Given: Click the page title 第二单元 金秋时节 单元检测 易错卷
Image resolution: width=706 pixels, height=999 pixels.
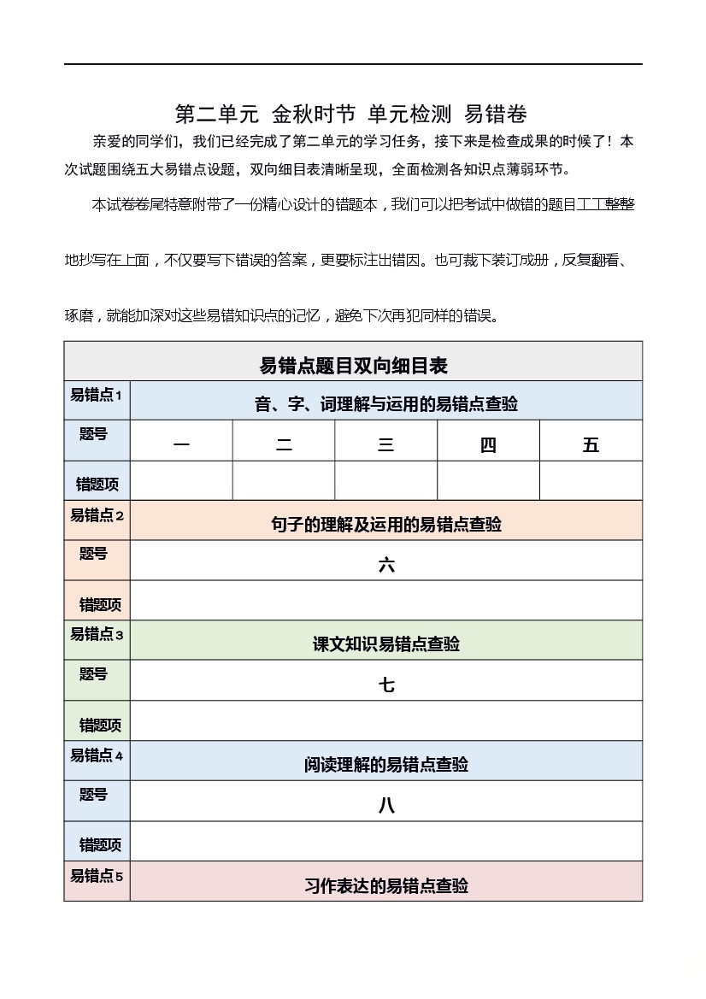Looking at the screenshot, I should coord(351,114).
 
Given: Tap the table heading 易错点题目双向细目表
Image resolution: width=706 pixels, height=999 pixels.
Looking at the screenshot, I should coord(353,366).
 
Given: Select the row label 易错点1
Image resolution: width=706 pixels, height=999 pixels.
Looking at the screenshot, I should coord(97,395).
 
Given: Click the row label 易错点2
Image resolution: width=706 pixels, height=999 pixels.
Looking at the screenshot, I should coord(97,515).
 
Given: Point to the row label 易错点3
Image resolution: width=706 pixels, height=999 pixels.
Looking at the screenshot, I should coord(97,634).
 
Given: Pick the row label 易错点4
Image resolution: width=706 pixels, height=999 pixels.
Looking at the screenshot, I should coord(97,755).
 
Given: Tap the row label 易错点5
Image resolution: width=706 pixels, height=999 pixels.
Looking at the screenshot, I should coord(97,876).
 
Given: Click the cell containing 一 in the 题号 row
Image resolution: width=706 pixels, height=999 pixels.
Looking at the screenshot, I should coord(181,444).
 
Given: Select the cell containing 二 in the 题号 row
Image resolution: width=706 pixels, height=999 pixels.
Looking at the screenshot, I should coord(284,444).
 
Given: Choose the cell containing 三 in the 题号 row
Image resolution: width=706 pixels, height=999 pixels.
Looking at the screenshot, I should coord(385,444).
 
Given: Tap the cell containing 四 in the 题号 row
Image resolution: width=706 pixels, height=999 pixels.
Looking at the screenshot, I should coord(488,444).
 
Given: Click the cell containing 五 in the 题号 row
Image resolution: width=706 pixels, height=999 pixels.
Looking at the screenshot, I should coord(591,444).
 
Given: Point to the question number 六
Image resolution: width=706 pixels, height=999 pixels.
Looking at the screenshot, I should coord(386,564).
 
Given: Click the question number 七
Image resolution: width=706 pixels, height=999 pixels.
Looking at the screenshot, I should coord(386,685).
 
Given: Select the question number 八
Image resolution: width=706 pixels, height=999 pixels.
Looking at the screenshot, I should coord(386,805).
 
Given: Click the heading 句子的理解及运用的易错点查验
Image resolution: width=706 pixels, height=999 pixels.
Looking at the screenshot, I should coord(386,525).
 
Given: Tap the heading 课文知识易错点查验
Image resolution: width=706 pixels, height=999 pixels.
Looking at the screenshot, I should coord(386,644).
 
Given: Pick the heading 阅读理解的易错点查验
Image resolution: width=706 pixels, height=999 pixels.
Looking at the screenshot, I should coord(386,765).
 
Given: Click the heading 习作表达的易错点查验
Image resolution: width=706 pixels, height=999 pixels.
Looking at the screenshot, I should coord(386,885).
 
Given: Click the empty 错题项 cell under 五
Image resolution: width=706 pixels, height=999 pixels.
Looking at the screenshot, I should coord(591,481).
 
